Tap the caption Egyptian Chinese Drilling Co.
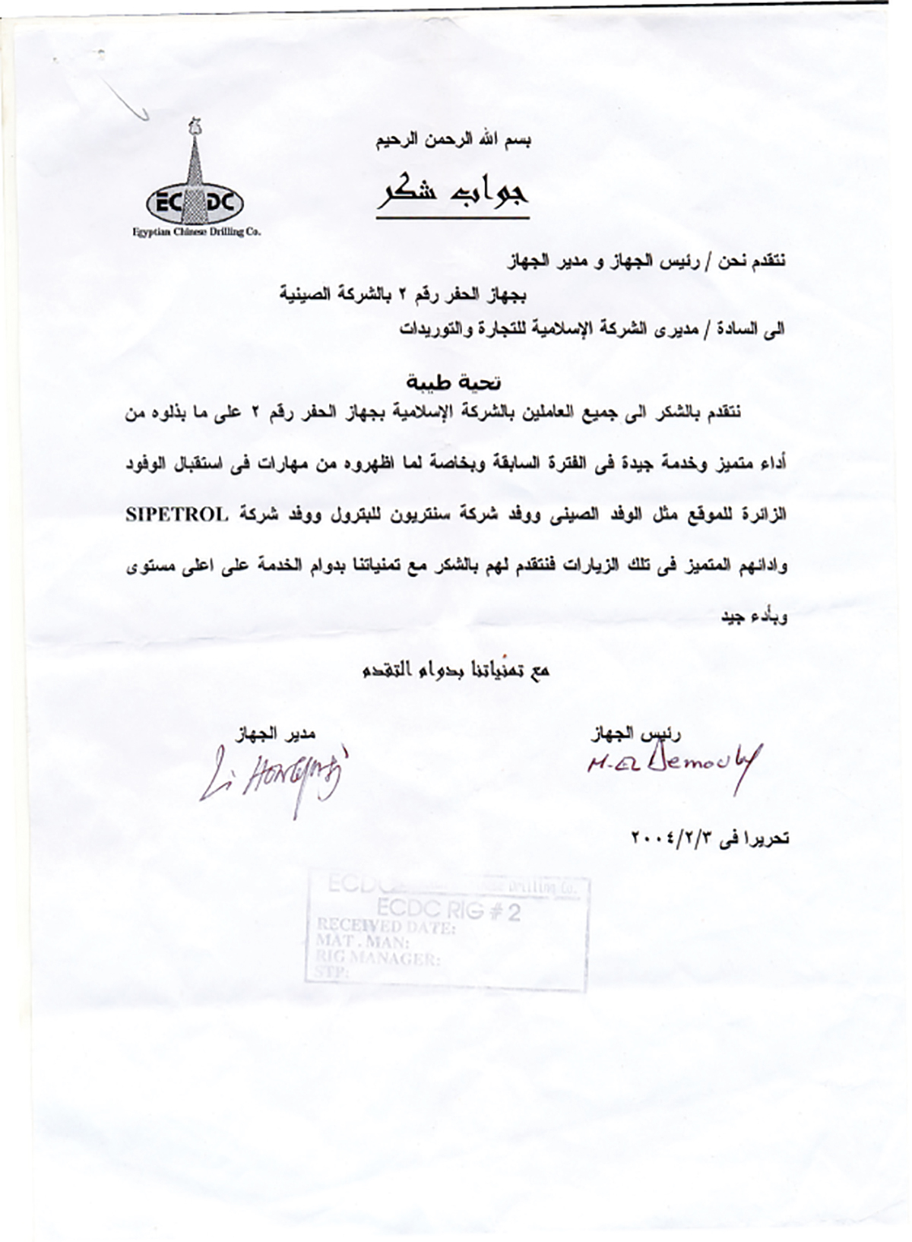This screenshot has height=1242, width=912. [196, 233]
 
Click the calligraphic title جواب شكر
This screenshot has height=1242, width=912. [453, 194]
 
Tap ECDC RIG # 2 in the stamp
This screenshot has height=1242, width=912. [448, 911]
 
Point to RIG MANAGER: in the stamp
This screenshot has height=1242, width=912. [376, 959]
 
